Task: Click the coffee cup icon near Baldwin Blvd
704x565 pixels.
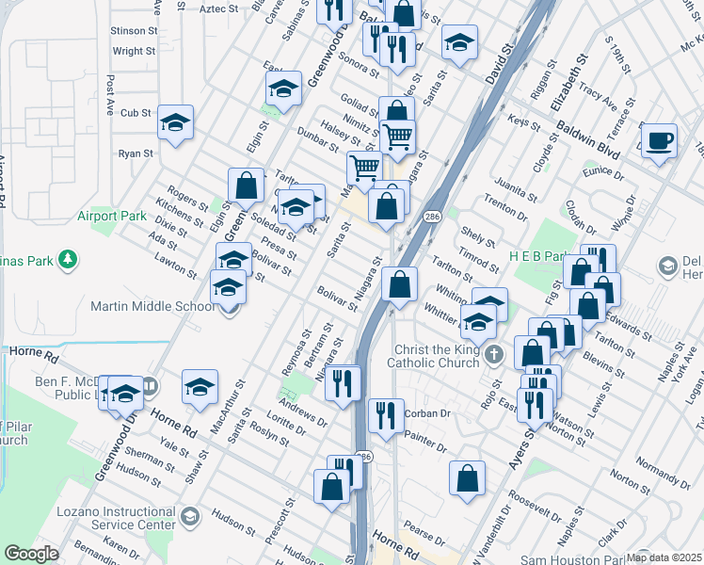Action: click(x=660, y=139)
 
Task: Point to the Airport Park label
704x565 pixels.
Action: click(x=112, y=217)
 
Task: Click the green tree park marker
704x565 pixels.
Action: click(x=67, y=258)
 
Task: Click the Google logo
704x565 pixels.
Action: click(x=31, y=554)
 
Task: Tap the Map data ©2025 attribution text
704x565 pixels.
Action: click(x=664, y=557)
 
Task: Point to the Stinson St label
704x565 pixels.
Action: click(x=132, y=31)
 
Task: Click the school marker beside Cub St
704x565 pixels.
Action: click(x=175, y=122)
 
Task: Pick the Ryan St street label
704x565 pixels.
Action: click(x=136, y=153)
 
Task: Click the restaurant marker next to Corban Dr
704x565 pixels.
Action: click(x=384, y=416)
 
